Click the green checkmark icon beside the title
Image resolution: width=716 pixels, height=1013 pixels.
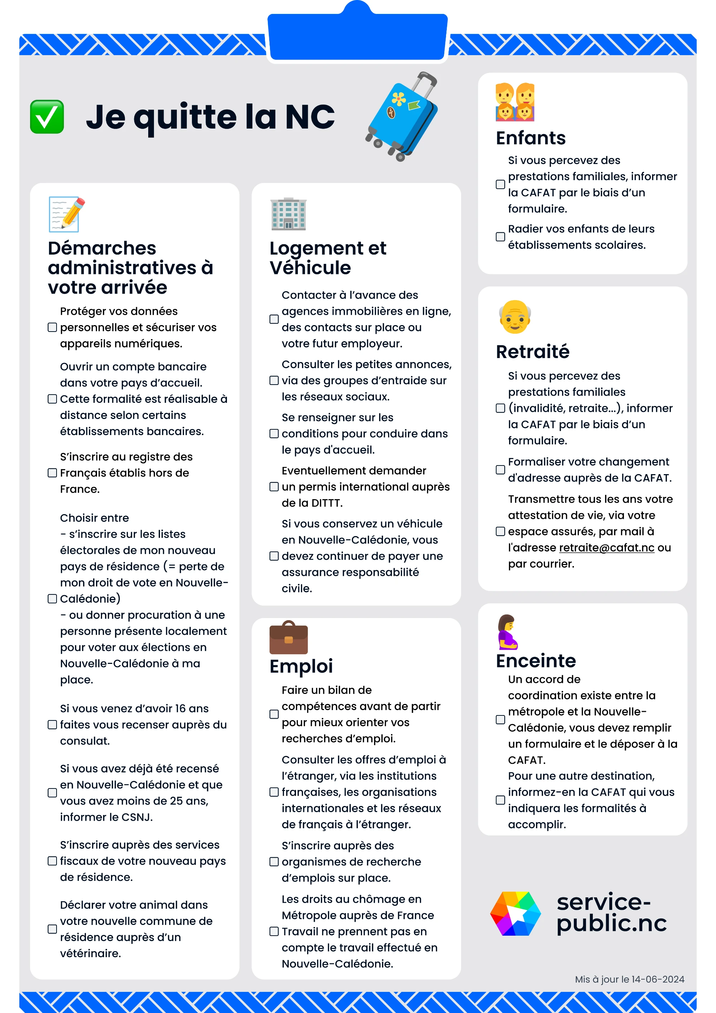(47, 117)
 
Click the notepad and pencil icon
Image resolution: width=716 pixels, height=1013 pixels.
(66, 214)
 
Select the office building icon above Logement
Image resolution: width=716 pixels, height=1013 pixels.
(288, 214)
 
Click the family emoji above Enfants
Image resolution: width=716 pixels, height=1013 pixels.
(515, 102)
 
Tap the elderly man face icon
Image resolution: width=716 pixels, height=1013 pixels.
(515, 317)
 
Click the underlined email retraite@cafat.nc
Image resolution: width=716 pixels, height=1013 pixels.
(606, 547)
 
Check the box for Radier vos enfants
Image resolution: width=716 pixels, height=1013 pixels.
(500, 237)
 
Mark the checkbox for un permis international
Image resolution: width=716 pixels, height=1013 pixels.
(274, 487)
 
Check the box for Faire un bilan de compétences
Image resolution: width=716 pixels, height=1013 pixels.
(274, 714)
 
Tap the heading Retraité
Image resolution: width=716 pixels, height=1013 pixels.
(532, 352)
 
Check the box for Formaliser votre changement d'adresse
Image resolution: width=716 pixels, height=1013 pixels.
(500, 470)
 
